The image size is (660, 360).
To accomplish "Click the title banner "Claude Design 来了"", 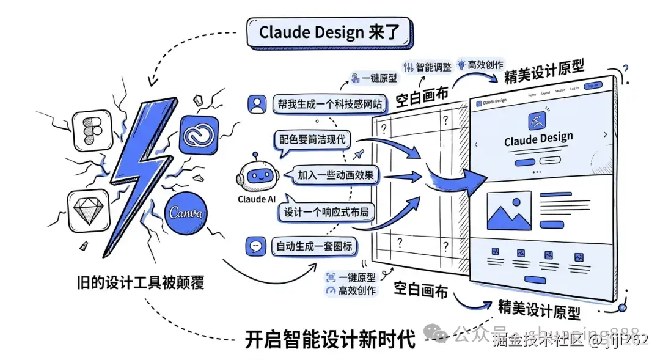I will (x=330, y=32).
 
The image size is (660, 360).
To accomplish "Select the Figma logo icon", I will (x=91, y=131).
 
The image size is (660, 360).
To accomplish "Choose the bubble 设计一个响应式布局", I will (x=326, y=212).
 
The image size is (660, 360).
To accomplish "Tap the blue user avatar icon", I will (x=257, y=104).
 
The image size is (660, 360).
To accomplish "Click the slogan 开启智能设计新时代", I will (x=330, y=338).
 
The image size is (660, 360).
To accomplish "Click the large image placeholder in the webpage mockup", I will (x=509, y=210).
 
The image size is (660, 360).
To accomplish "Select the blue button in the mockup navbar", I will (x=593, y=86).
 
